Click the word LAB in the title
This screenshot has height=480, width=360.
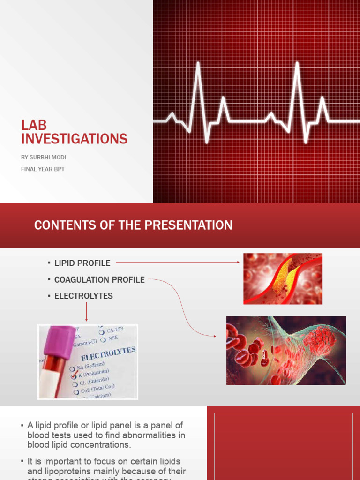34,125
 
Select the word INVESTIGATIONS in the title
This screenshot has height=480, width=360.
74,139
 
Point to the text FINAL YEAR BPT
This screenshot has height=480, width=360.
43,169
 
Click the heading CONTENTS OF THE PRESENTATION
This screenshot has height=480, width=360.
133,225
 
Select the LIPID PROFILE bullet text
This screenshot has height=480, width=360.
82,263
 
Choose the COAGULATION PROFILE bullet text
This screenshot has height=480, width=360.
99,279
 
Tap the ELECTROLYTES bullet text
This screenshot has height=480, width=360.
83,296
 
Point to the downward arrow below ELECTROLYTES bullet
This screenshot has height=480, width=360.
87,311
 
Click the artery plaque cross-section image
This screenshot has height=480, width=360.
283,279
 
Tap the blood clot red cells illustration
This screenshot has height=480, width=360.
286,350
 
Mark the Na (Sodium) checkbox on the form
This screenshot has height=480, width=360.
72,368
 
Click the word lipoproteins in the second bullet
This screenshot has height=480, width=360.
49,471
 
